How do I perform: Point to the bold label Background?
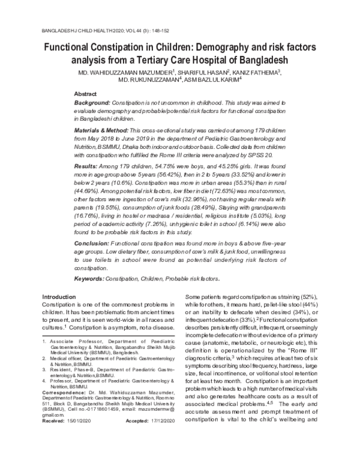(92, 104)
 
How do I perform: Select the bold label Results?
(86, 165)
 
